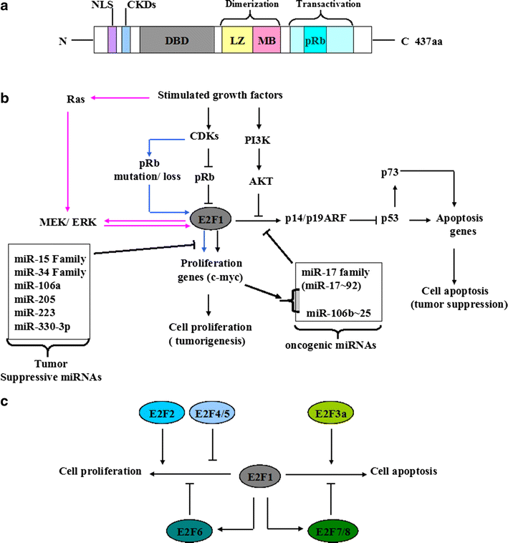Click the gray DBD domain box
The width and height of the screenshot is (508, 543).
173,41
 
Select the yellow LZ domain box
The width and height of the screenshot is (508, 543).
236,41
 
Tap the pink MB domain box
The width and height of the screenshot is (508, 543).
267,41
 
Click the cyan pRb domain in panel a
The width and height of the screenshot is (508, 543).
314,41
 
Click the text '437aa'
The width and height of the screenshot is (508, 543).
434,41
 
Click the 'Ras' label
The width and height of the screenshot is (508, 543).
76,100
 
